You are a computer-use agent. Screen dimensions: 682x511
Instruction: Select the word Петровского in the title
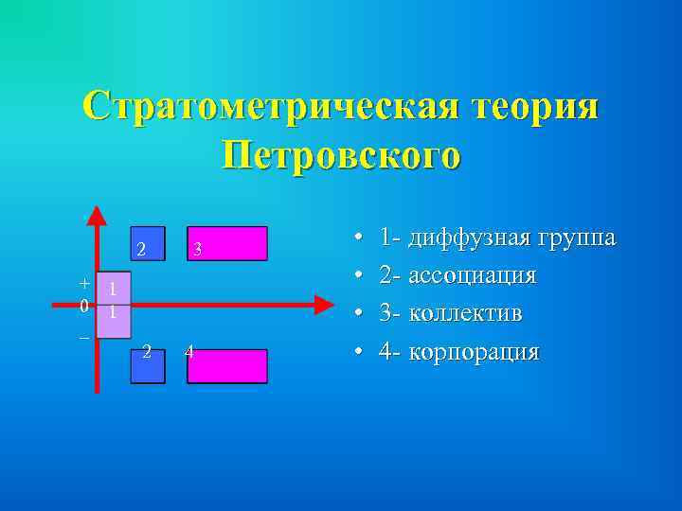[x=341, y=155]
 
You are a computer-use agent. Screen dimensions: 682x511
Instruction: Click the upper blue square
[x=148, y=243]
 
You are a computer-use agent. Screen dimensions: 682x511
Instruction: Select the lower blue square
[x=147, y=366]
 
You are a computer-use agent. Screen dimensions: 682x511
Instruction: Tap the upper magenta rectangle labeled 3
[x=227, y=243]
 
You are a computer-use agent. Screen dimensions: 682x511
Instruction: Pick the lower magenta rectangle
[x=227, y=366]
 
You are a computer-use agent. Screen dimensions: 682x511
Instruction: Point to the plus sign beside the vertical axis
[x=84, y=283]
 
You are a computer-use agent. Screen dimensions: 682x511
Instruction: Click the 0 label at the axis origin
[x=84, y=306]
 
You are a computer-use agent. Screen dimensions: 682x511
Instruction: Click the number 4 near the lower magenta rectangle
[x=189, y=353]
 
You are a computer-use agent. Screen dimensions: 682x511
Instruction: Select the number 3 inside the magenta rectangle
[x=196, y=250]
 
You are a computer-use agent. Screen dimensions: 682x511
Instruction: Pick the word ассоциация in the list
[x=472, y=275]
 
